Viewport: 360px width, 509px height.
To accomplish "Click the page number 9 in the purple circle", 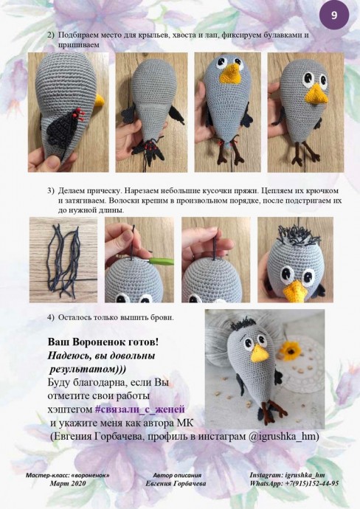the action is (x=334, y=15).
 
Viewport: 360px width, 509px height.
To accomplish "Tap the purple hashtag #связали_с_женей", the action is (x=140, y=409).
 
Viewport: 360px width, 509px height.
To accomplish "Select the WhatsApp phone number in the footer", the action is (x=312, y=483).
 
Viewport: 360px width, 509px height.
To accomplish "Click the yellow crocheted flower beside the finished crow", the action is (x=290, y=350).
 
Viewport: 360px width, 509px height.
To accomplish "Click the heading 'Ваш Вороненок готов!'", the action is (x=103, y=342).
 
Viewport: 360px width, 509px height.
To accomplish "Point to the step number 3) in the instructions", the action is (x=51, y=190).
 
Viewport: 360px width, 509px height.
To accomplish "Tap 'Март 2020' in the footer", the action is (x=68, y=483).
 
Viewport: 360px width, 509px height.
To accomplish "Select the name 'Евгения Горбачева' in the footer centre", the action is (x=176, y=483).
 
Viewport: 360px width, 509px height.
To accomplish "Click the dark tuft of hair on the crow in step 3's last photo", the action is (x=298, y=234).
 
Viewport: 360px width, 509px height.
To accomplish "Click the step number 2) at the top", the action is (x=51, y=35).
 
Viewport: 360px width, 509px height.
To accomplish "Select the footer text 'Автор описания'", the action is (x=177, y=475).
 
